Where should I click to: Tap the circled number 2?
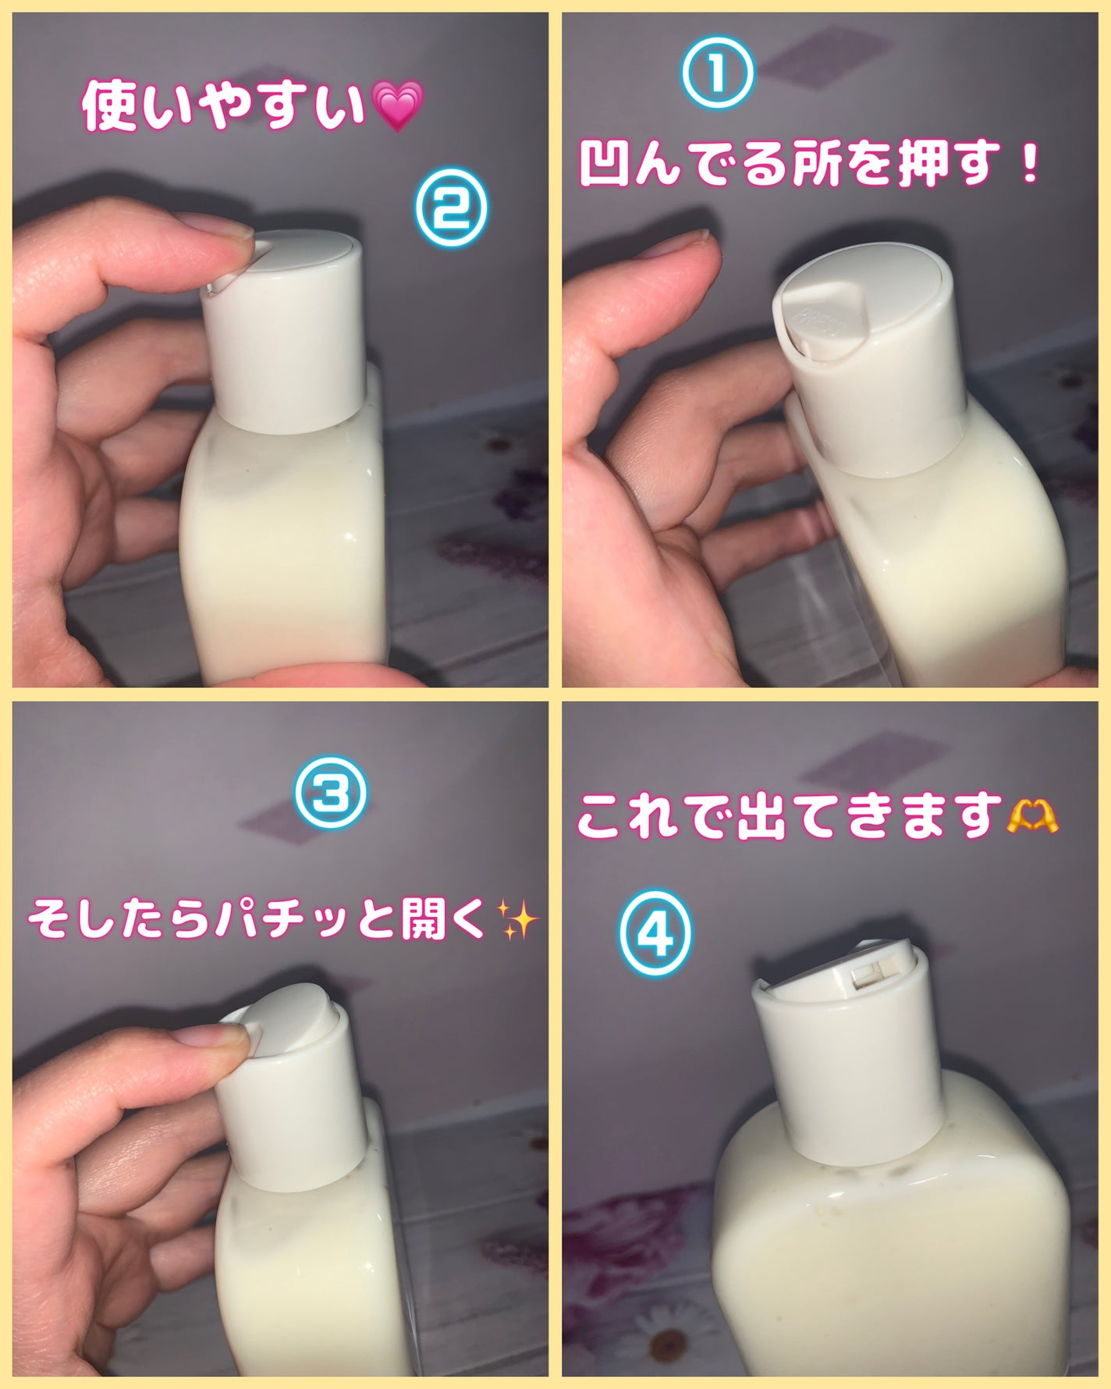449,208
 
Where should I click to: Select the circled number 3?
328,794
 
